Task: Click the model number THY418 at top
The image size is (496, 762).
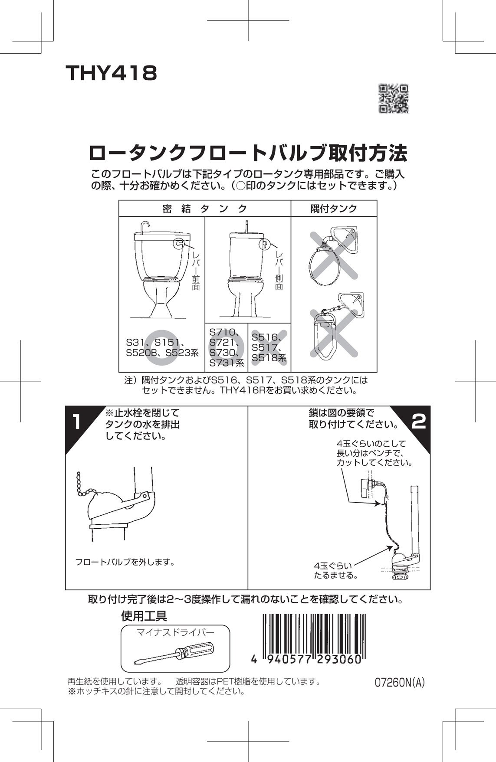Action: (x=111, y=74)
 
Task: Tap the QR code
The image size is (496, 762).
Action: (x=394, y=98)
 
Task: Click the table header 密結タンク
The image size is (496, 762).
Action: (x=204, y=209)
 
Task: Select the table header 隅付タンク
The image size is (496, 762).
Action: (x=334, y=209)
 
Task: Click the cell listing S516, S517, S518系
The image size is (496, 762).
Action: (x=269, y=348)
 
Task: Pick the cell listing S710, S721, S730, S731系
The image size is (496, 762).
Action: (x=226, y=348)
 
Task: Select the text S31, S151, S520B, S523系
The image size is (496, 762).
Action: (x=162, y=348)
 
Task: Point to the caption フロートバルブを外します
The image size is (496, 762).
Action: (x=125, y=563)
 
